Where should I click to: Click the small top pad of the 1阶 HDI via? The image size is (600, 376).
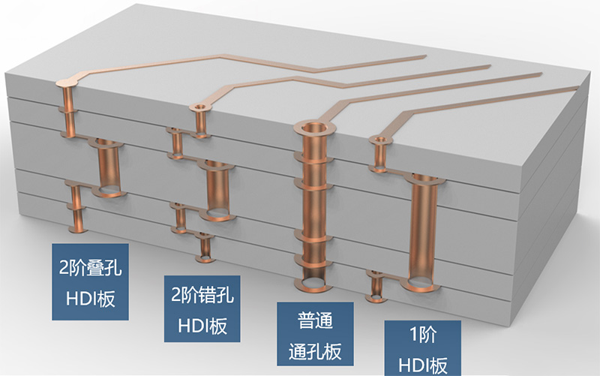[381, 139]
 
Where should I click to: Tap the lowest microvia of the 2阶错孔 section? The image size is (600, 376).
[204, 248]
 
